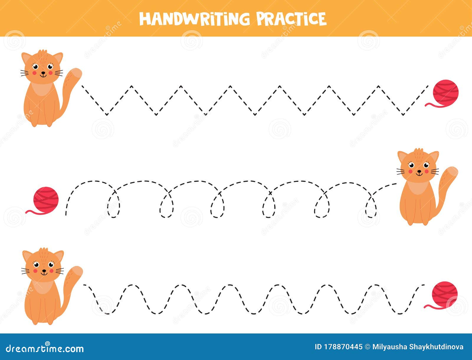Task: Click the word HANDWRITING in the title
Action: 195,19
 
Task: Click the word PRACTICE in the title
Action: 291,19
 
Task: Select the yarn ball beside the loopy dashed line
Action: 46,198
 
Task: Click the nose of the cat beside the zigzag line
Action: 43,73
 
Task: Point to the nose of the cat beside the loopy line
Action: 419,171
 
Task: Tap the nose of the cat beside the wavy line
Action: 44,271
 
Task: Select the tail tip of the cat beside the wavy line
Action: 77,271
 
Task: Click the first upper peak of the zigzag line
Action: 132,86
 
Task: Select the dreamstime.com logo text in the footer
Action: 45,348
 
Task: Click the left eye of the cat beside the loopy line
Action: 411,165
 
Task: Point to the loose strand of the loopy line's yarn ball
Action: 35,212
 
